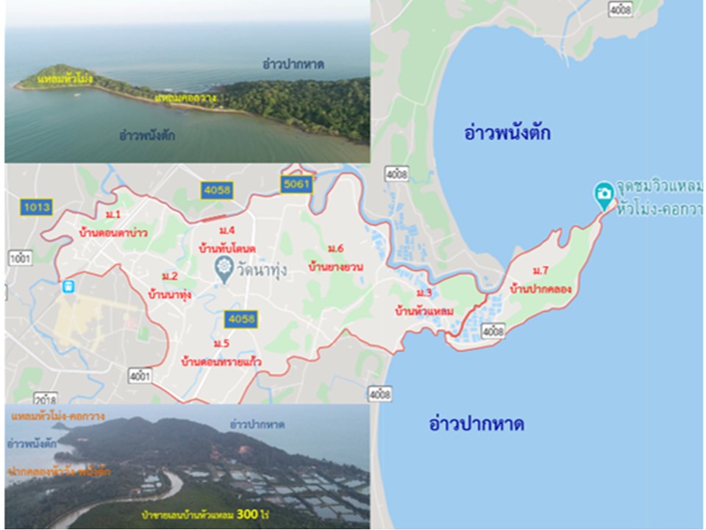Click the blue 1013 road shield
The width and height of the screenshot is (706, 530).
pos(37,207)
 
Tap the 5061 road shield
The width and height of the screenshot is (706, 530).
pos(296,184)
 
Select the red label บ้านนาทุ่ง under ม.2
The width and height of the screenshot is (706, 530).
pos(170,294)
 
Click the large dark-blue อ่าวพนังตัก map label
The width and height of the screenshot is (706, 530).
pos(507,133)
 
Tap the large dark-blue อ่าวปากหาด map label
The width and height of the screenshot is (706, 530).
pos(477,424)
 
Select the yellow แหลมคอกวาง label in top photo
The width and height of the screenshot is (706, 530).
pos(187,97)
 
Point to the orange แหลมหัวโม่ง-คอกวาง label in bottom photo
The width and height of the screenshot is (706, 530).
pos(56,417)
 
